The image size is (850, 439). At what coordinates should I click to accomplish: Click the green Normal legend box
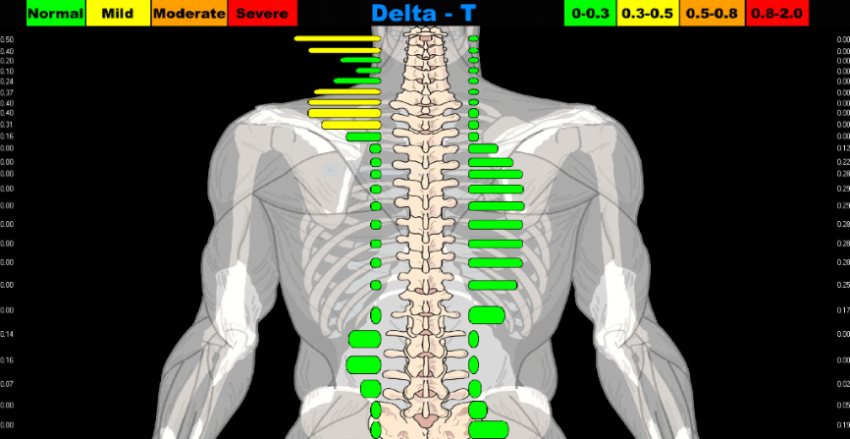click(x=55, y=14)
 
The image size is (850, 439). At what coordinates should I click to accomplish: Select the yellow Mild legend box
click(x=118, y=14)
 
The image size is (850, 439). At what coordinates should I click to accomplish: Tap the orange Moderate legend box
click(x=188, y=14)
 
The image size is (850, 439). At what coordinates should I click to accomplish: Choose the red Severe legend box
click(x=262, y=14)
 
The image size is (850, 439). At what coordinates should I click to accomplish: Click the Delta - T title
click(x=437, y=14)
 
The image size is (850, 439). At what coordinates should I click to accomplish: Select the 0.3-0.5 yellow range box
click(x=647, y=14)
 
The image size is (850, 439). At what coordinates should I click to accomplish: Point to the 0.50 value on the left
click(x=7, y=40)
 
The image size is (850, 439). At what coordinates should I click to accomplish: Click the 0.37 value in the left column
click(x=7, y=92)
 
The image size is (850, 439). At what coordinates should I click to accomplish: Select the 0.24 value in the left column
click(x=7, y=82)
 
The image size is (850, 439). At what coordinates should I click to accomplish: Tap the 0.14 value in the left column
click(x=7, y=335)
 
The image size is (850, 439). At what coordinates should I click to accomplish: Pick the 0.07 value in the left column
click(x=7, y=384)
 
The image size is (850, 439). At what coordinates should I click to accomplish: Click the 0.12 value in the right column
click(x=842, y=148)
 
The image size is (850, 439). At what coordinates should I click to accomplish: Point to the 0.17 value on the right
click(x=842, y=311)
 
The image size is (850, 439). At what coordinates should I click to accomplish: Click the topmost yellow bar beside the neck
click(x=337, y=39)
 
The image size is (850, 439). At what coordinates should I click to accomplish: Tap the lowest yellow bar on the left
click(x=350, y=125)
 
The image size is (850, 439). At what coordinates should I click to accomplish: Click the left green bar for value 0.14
click(x=364, y=339)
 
